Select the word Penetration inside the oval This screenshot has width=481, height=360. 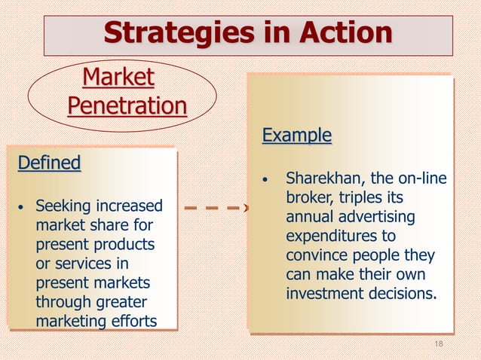[x=127, y=105]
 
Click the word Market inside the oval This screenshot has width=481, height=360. [x=118, y=77]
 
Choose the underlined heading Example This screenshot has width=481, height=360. [x=296, y=136]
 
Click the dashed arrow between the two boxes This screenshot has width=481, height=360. [x=214, y=206]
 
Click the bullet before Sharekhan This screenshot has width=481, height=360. [x=265, y=180]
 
